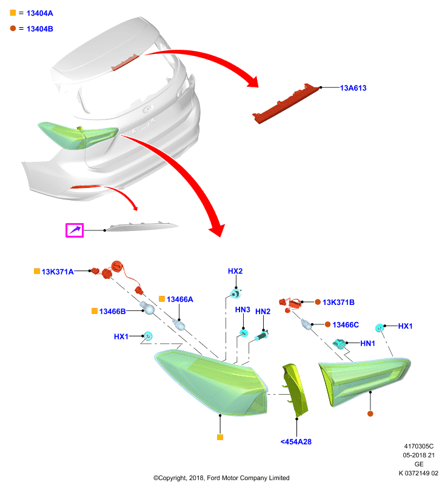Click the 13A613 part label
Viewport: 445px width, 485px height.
pyautogui.click(x=353, y=88)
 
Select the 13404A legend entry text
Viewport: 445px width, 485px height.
pyautogui.click(x=39, y=13)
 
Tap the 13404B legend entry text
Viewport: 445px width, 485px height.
pyautogui.click(x=39, y=28)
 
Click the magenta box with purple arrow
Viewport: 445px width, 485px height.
pyautogui.click(x=75, y=230)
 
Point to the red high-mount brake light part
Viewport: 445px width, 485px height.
pyautogui.click(x=286, y=103)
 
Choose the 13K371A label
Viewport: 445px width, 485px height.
pyautogui.click(x=58, y=272)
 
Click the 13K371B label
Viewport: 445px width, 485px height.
pyautogui.click(x=338, y=302)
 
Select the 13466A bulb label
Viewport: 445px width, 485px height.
pyautogui.click(x=179, y=299)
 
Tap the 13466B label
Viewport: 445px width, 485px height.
pyautogui.click(x=112, y=311)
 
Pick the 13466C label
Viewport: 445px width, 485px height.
pyautogui.click(x=346, y=324)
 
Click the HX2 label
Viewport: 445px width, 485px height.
pyautogui.click(x=235, y=271)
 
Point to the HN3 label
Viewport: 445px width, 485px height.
pyautogui.click(x=243, y=310)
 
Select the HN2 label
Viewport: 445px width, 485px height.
pyautogui.click(x=263, y=311)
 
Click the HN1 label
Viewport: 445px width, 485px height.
pyautogui.click(x=367, y=343)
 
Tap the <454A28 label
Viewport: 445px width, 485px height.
pyautogui.click(x=296, y=442)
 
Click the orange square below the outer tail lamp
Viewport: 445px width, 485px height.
pyautogui.click(x=220, y=437)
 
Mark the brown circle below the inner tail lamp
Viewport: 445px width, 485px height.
pyautogui.click(x=370, y=413)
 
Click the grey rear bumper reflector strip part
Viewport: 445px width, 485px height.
pyautogui.click(x=142, y=227)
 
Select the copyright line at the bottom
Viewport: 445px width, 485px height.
pyautogui.click(x=221, y=478)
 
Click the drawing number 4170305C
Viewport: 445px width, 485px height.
pyautogui.click(x=419, y=446)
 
